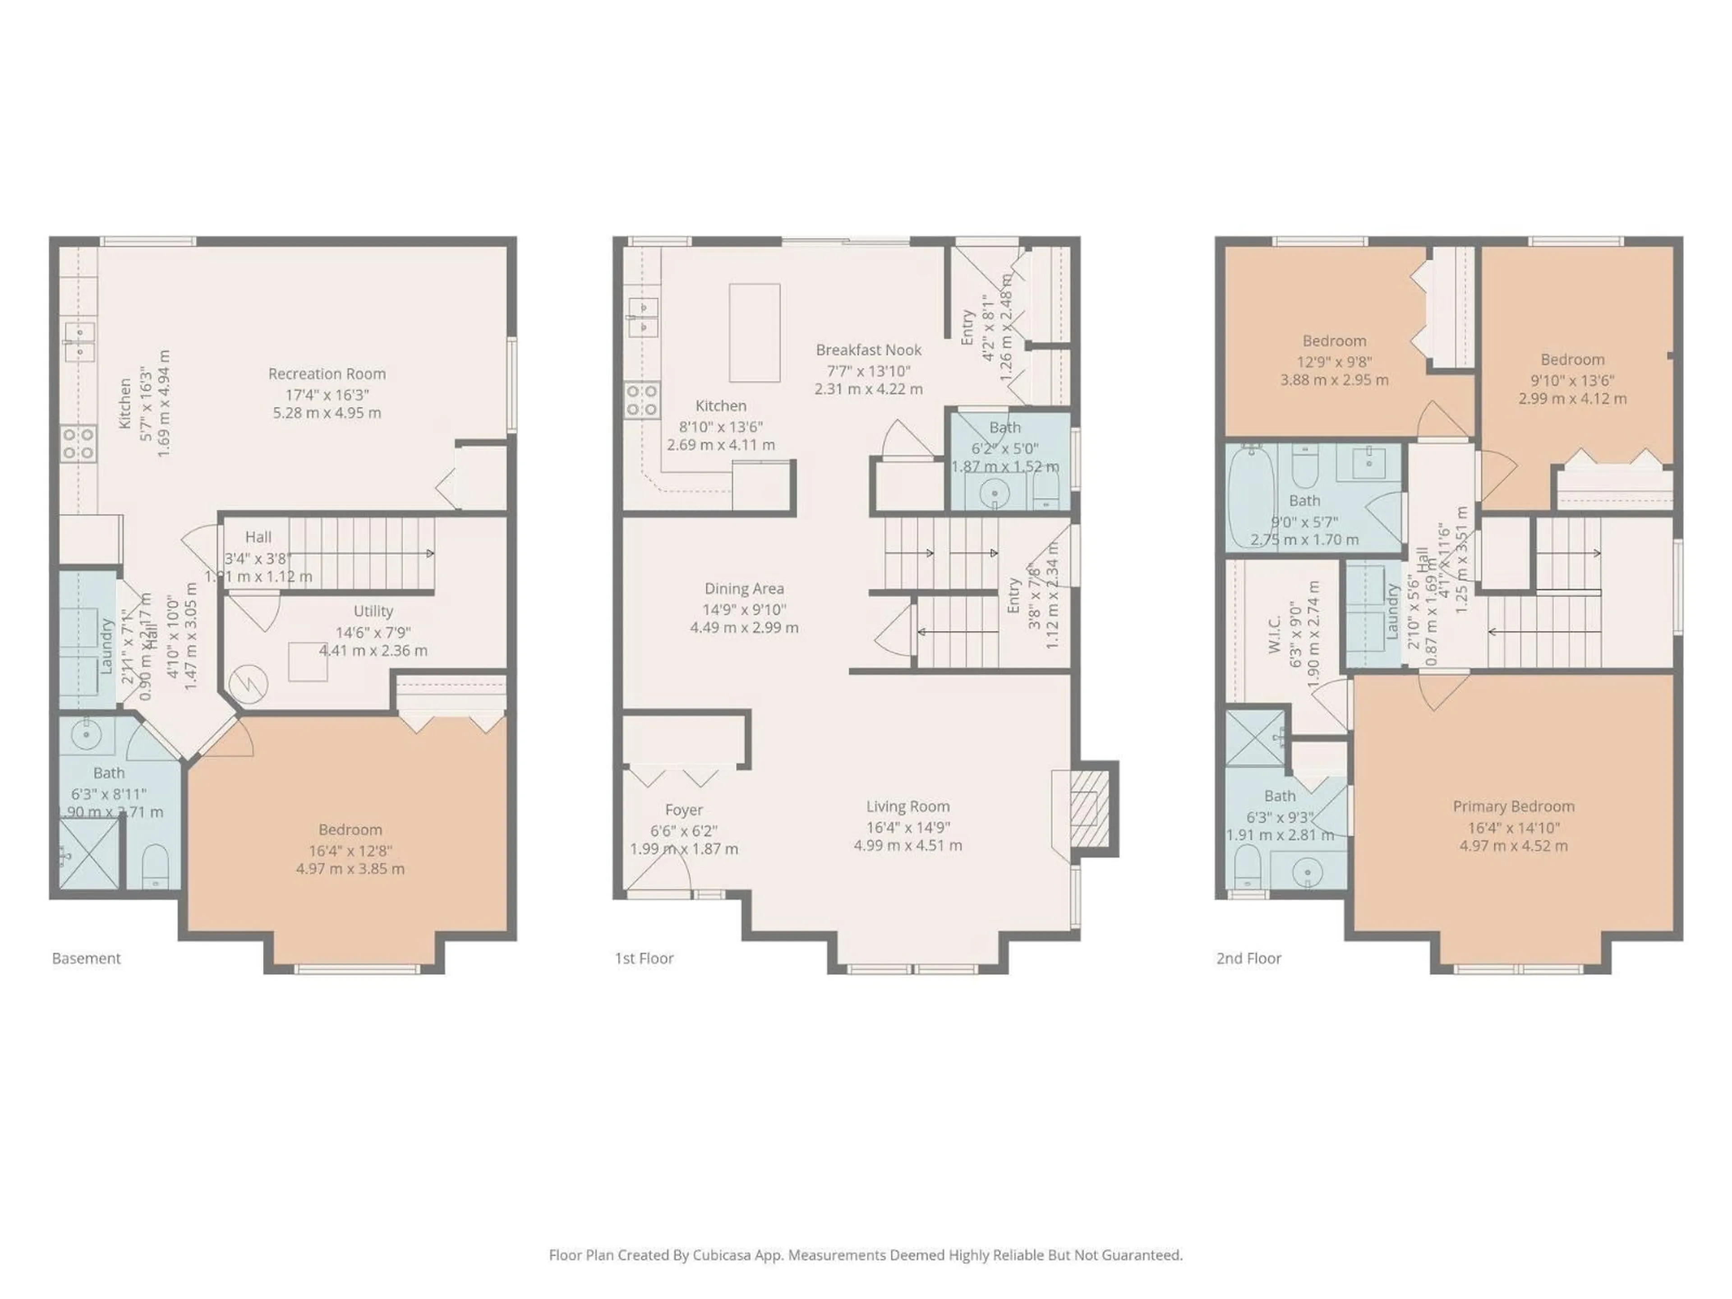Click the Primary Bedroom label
coord(1513,806)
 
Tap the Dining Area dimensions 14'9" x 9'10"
coord(744,609)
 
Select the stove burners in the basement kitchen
coord(78,442)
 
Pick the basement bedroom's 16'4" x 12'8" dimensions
coord(350,850)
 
